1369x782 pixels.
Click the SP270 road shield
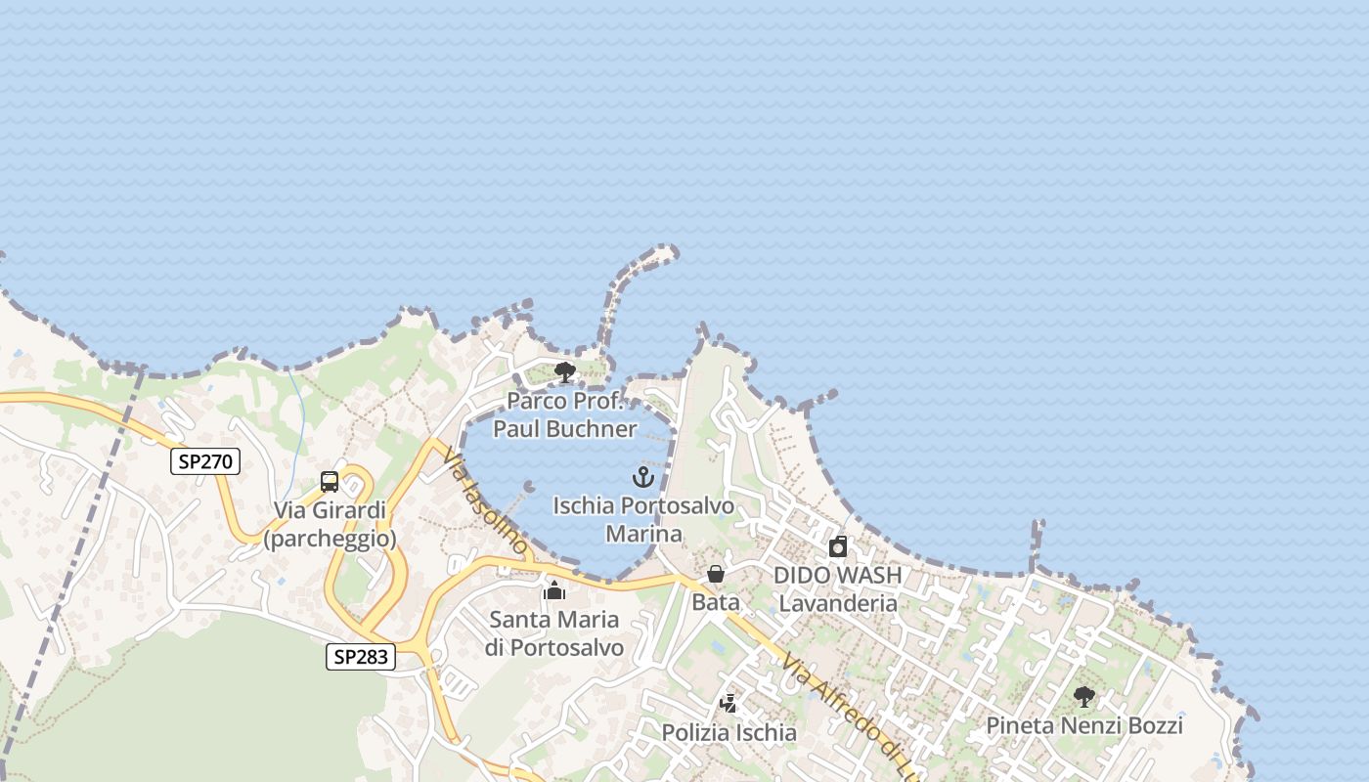205,461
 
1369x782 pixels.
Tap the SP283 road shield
361,657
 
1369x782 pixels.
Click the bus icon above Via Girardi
330,482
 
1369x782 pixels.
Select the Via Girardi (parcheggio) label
331,524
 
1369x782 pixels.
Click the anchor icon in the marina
642,477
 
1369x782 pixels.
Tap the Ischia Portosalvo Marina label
643,519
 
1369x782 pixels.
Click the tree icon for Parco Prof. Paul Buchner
564,371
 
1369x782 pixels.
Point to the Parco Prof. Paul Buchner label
565,414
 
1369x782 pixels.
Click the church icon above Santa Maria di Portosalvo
554,590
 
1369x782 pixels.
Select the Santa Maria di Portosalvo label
554,633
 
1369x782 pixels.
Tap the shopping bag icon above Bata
716,574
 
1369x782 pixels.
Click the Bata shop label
716,602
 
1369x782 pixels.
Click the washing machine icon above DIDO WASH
837,546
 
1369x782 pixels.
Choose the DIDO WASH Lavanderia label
837,588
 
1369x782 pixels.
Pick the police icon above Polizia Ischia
729,703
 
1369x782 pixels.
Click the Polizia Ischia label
729,732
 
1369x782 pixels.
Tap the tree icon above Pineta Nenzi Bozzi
1083,697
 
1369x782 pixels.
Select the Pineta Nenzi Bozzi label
1083,725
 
